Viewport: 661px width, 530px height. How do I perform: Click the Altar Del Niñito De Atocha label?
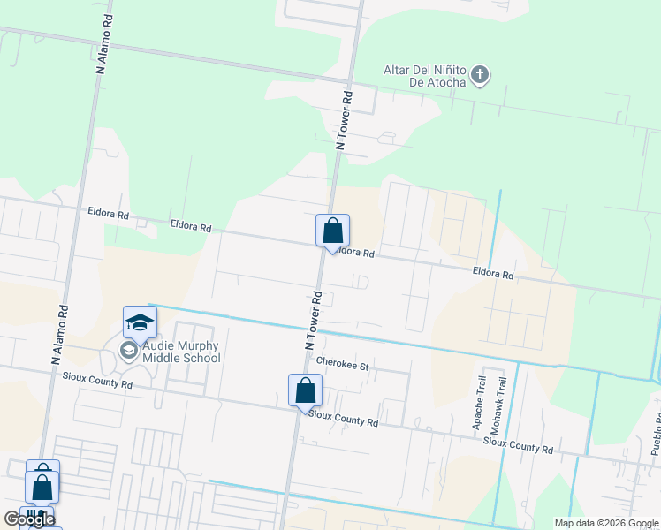[x=424, y=76]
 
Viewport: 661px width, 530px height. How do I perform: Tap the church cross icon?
[x=479, y=74]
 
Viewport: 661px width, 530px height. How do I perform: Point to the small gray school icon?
[x=129, y=352]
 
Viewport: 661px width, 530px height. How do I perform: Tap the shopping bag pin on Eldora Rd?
[x=332, y=231]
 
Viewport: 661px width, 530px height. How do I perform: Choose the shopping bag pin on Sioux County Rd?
[x=305, y=390]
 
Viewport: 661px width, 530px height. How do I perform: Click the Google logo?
[x=29, y=519]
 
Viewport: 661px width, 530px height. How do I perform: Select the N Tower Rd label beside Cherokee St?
[x=311, y=320]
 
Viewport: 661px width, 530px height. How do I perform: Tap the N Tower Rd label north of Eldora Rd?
[x=344, y=120]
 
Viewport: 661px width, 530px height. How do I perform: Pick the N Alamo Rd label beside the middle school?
[x=59, y=335]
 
